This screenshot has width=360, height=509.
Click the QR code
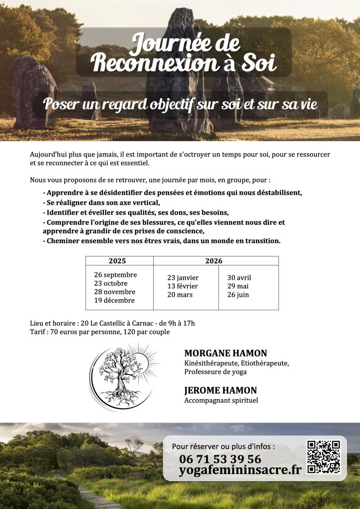(323, 457)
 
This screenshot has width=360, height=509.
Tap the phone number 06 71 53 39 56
(220, 459)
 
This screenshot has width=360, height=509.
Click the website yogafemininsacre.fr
(240, 470)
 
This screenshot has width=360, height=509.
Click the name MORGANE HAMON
(225, 353)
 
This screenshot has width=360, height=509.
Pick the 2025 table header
(117, 261)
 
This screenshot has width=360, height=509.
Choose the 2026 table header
(214, 261)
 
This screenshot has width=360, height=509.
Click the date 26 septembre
(115, 275)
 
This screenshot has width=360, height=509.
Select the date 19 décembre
(114, 300)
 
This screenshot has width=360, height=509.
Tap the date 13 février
(182, 286)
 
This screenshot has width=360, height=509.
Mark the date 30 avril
(239, 278)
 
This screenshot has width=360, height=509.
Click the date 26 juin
(238, 295)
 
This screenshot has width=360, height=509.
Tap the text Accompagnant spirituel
(221, 401)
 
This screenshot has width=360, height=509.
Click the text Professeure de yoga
(215, 372)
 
